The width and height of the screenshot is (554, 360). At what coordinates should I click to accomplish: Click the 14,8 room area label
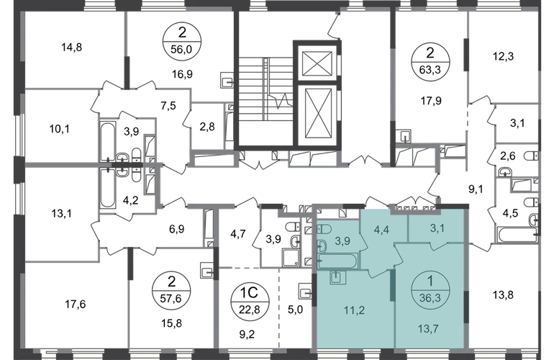click(72, 47)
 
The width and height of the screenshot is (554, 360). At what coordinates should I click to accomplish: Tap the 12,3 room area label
click(504, 56)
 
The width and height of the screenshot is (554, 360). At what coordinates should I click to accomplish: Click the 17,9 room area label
click(431, 101)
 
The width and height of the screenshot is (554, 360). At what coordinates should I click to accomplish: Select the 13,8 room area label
click(503, 294)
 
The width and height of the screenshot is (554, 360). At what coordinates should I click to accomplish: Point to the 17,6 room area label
click(76, 304)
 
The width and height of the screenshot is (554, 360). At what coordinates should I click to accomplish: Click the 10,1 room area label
click(59, 129)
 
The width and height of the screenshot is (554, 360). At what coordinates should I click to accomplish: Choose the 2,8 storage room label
click(207, 127)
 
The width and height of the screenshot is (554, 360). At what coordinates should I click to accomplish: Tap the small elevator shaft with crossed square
click(317, 63)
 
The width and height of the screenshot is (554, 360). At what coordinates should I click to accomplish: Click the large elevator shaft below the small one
click(317, 115)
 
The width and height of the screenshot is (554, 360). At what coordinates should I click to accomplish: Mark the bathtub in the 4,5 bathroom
click(517, 235)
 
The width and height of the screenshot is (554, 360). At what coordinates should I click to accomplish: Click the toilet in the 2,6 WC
click(531, 156)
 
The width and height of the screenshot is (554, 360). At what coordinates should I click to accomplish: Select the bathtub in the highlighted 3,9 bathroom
click(337, 261)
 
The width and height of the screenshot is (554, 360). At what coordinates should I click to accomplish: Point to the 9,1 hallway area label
click(476, 189)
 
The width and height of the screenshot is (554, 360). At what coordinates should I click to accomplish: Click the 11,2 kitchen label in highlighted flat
click(355, 310)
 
